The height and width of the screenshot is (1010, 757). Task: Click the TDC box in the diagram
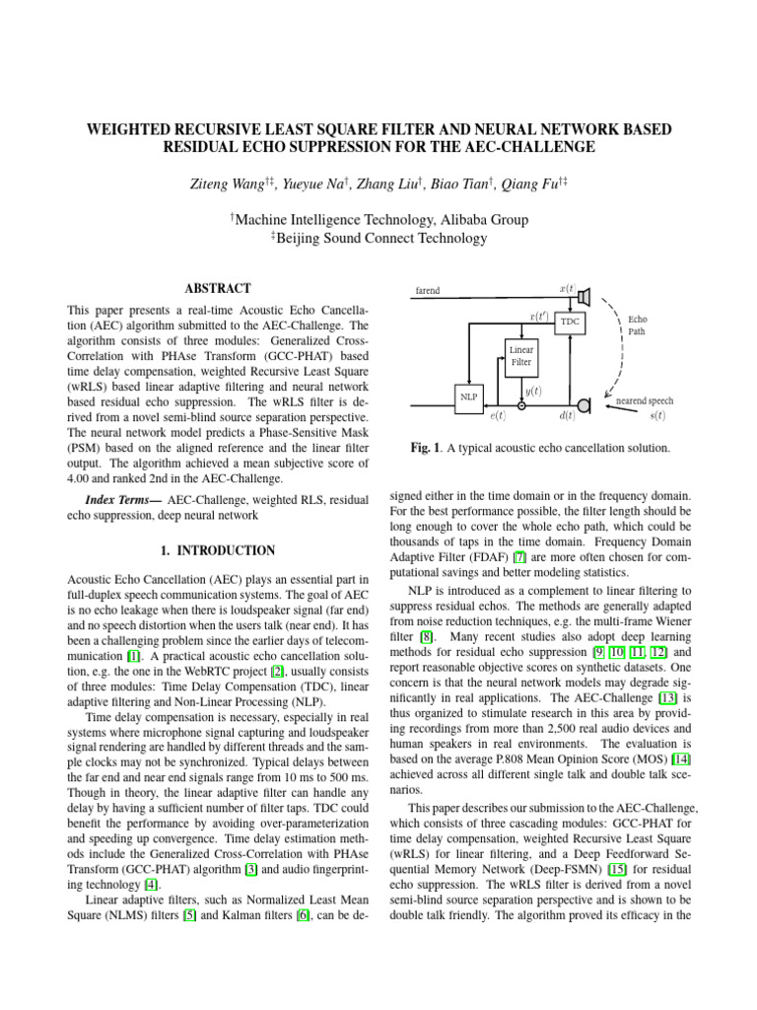pyautogui.click(x=569, y=322)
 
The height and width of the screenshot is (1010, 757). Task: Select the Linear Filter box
pyautogui.click(x=521, y=356)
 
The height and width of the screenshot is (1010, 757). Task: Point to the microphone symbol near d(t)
pyautogui.click(x=584, y=405)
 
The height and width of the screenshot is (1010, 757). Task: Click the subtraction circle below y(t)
pyautogui.click(x=521, y=405)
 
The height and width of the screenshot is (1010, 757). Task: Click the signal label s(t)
pyautogui.click(x=657, y=416)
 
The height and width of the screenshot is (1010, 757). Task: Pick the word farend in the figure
pyautogui.click(x=427, y=291)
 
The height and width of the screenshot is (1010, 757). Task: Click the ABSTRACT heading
pyautogui.click(x=218, y=289)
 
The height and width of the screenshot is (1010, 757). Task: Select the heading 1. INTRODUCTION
pyautogui.click(x=218, y=550)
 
